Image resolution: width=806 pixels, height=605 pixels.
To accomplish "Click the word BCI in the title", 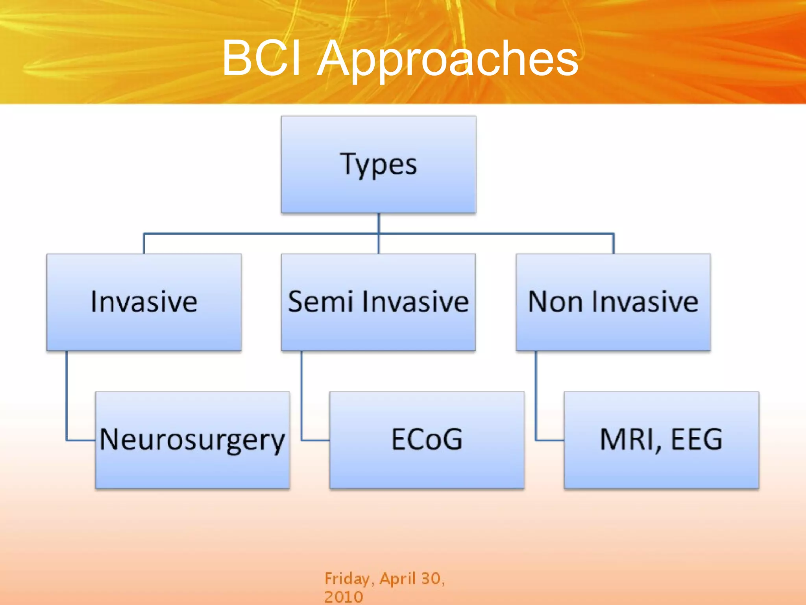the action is (x=262, y=58).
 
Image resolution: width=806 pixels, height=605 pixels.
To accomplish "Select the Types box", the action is (x=379, y=165).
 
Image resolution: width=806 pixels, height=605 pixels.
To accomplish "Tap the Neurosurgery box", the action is (x=192, y=440).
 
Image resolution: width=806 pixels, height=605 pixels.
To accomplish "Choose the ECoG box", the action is (x=427, y=440).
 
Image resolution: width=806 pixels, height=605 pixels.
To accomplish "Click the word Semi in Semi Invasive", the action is (x=320, y=302).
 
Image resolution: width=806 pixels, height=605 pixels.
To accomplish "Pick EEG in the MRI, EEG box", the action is (x=697, y=439).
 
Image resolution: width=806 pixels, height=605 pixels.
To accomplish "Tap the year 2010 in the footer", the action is (x=343, y=597).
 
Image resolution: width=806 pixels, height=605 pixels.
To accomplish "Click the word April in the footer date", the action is (x=397, y=579).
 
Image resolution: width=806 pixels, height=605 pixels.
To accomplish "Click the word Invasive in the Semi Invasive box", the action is (x=415, y=302).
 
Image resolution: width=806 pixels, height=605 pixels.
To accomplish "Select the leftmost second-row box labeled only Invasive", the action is (x=144, y=302).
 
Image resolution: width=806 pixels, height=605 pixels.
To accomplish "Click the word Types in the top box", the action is (x=379, y=164).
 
